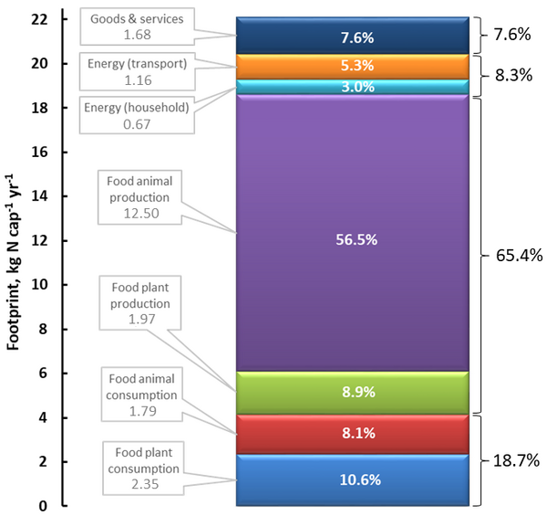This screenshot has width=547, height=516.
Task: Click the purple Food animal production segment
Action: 353,183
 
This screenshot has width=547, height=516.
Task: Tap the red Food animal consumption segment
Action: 353,435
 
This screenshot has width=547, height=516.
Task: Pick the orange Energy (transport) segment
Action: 353,66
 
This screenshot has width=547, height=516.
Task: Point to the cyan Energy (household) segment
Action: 353,87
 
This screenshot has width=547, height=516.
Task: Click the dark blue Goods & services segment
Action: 353,37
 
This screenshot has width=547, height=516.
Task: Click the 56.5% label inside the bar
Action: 353,239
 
